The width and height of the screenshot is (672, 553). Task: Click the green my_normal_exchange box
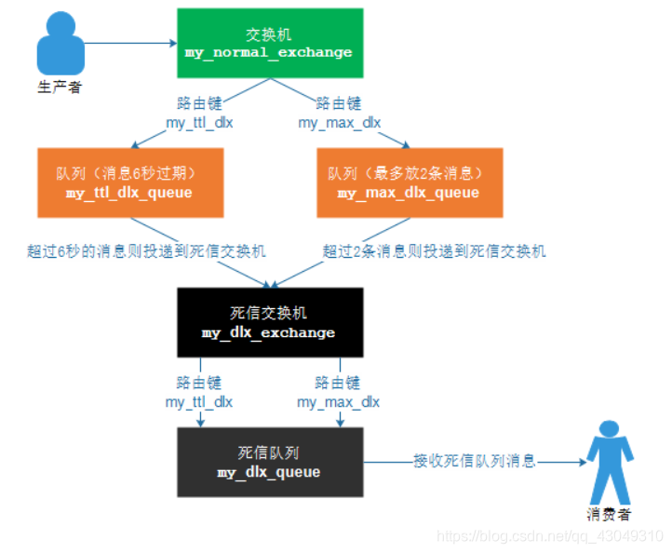pyautogui.click(x=268, y=44)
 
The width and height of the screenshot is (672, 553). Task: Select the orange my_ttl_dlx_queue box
pyautogui.click(x=129, y=182)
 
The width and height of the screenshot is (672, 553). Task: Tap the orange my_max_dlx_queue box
pyautogui.click(x=409, y=182)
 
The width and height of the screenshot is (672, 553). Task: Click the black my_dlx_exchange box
pyautogui.click(x=268, y=322)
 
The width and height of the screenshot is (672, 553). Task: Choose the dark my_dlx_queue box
pyautogui.click(x=268, y=462)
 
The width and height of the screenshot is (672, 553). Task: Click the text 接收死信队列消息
pyautogui.click(x=475, y=461)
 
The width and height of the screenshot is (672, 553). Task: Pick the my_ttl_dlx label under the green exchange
pyautogui.click(x=198, y=123)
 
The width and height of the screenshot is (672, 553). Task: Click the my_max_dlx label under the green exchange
pyautogui.click(x=339, y=123)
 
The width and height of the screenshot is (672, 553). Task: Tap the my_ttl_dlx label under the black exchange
pyautogui.click(x=198, y=402)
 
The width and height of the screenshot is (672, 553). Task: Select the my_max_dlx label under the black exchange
pyautogui.click(x=339, y=402)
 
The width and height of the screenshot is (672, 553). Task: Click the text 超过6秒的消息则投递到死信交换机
pyautogui.click(x=147, y=251)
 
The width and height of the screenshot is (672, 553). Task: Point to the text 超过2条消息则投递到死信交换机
pyautogui.click(x=434, y=251)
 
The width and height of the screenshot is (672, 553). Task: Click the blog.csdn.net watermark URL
pyautogui.click(x=549, y=537)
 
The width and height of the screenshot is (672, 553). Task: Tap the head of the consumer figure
pyautogui.click(x=610, y=430)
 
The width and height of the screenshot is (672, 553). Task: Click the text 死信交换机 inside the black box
pyautogui.click(x=268, y=313)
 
